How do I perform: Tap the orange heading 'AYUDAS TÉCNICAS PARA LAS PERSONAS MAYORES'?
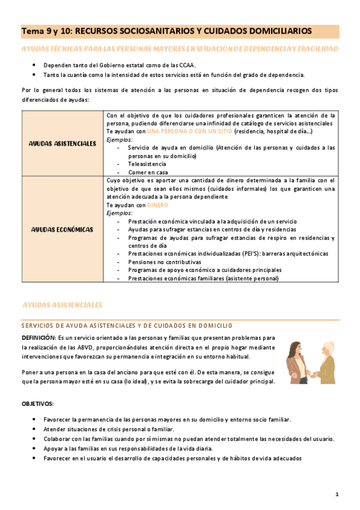pyautogui.click(x=179, y=48)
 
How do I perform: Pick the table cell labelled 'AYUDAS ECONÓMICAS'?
pyautogui.click(x=63, y=229)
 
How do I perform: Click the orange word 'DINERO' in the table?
pyautogui.click(x=157, y=204)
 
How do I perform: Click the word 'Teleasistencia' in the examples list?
pyautogui.click(x=148, y=163)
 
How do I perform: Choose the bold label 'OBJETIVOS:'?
pyautogui.click(x=38, y=403)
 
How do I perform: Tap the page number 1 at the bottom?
pyautogui.click(x=337, y=494)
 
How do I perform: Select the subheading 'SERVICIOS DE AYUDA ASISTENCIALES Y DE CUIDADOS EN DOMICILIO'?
pyautogui.click(x=127, y=325)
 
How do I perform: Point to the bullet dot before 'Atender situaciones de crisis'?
pyautogui.click(x=35, y=429)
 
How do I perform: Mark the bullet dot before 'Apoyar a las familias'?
pyautogui.click(x=35, y=449)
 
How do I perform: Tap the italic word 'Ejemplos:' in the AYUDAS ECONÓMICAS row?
pyautogui.click(x=120, y=213)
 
